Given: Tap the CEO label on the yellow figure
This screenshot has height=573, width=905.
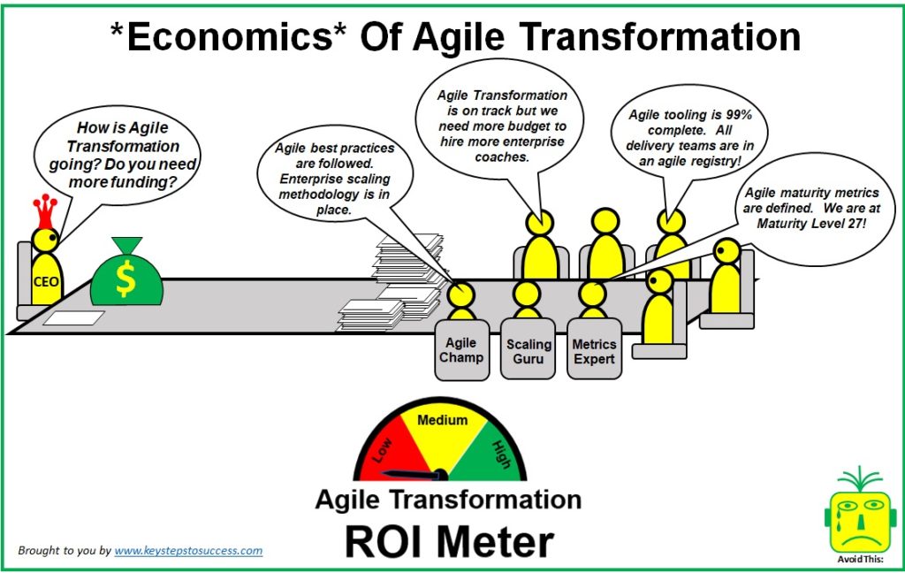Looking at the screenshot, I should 45,282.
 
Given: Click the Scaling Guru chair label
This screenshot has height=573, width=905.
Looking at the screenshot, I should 529,351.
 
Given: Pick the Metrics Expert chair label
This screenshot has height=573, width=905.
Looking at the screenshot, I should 594,351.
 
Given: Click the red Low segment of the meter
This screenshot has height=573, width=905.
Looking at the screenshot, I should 382,452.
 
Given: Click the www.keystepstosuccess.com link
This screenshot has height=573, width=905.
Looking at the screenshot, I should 188,550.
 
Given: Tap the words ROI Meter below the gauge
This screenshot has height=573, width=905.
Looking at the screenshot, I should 449,541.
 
